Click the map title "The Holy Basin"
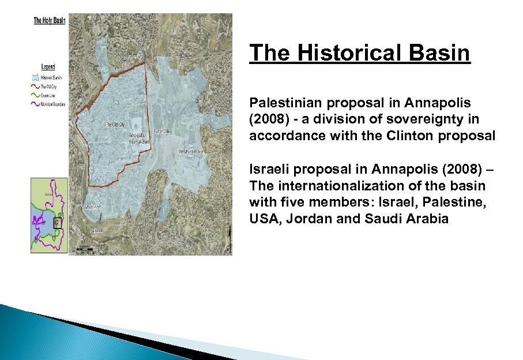(x=49, y=20)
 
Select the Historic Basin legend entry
(x=48, y=77)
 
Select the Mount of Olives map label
(x=191, y=152)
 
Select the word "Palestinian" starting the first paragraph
(x=283, y=103)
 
